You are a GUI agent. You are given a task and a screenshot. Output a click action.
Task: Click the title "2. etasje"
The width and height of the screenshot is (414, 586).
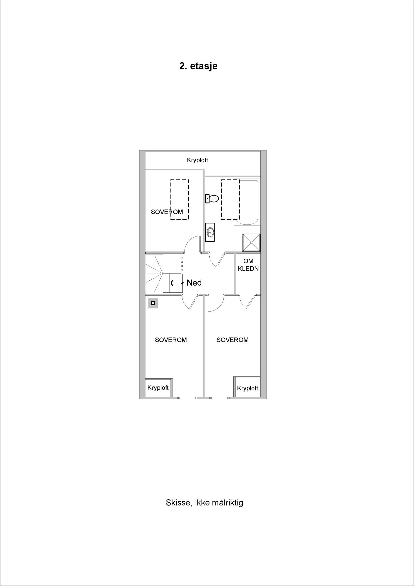point(198,66)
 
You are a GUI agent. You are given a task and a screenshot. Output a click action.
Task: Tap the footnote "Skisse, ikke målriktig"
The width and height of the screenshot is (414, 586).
point(204,503)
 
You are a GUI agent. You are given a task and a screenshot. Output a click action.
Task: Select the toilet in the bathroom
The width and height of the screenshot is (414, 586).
point(212,199)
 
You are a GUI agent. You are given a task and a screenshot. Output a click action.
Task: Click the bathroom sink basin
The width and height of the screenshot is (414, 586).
point(210,232)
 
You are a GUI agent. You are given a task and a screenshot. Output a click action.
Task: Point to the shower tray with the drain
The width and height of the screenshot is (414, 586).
point(251,242)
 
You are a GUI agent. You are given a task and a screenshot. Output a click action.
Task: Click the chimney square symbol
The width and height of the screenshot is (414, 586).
point(153,303)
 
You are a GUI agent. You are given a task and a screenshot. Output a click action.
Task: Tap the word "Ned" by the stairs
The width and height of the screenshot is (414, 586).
point(194,283)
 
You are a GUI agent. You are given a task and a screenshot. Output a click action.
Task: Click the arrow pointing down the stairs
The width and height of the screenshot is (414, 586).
point(176,283)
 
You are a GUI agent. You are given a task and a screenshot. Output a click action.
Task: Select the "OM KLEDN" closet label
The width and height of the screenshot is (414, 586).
point(248,265)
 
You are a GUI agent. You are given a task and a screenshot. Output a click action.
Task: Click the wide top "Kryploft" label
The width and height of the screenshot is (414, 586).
point(197,160)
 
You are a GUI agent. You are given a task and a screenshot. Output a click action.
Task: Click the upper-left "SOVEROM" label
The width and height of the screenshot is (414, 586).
point(167,212)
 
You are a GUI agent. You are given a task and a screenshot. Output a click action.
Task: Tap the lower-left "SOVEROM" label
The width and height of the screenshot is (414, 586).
point(171,340)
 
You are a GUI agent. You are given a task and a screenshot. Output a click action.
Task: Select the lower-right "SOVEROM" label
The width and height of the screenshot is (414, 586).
point(232,340)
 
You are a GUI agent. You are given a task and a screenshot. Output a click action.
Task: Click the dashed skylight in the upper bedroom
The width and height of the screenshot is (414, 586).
point(179,199)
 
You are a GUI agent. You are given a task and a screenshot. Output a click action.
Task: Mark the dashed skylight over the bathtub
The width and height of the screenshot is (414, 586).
point(230,199)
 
